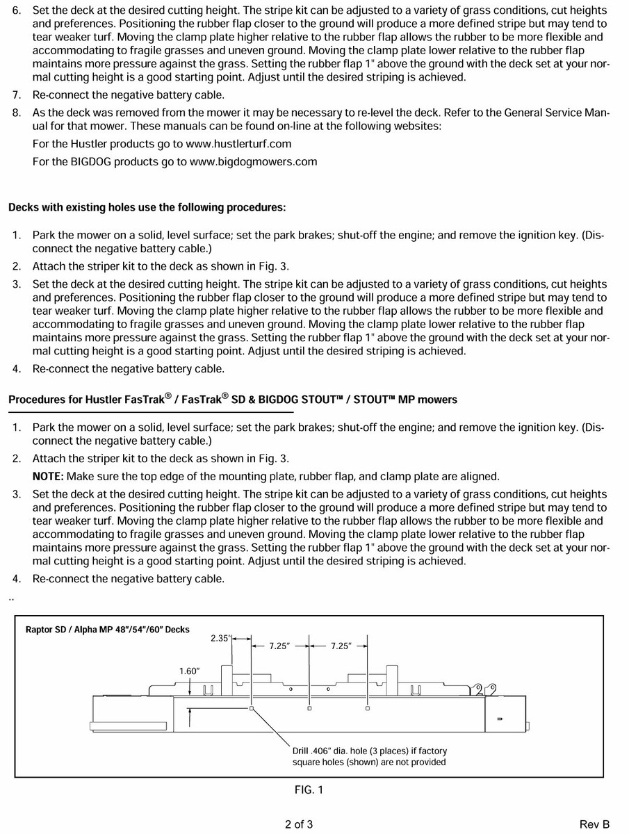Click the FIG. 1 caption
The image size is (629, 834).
pyautogui.click(x=309, y=790)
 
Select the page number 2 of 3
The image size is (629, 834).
pyautogui.click(x=299, y=825)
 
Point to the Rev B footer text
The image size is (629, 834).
pyautogui.click(x=594, y=825)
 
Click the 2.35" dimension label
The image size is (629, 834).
pyautogui.click(x=220, y=639)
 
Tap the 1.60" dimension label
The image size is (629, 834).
pyautogui.click(x=189, y=671)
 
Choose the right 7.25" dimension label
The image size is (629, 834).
pyautogui.click(x=341, y=646)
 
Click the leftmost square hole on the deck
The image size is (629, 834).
pyautogui.click(x=252, y=709)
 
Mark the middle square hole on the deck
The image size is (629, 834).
pyautogui.click(x=309, y=709)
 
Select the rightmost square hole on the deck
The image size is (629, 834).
pyautogui.click(x=368, y=709)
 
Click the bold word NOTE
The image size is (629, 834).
pyautogui.click(x=47, y=477)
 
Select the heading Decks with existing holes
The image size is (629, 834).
pyautogui.click(x=147, y=208)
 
